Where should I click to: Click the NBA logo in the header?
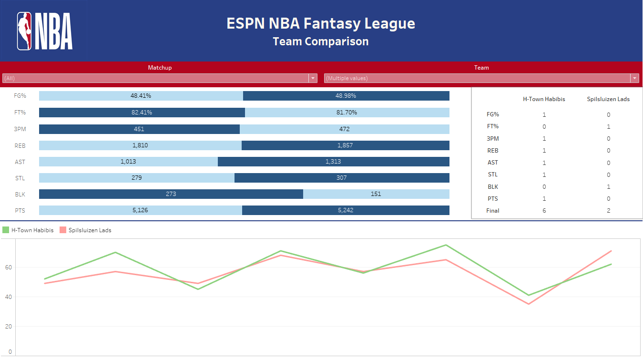pos(44,31)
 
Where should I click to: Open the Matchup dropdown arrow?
pos(313,78)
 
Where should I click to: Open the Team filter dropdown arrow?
pos(634,78)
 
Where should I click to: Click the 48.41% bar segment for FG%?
pos(141,96)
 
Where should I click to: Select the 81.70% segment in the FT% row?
pos(347,113)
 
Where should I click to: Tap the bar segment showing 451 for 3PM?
pos(139,129)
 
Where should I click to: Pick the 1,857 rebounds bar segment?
pos(345,145)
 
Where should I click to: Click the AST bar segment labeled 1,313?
pos(333,162)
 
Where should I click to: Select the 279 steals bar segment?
pos(136,178)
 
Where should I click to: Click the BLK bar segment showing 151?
pos(376,194)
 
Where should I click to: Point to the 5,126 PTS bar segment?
pos(140,210)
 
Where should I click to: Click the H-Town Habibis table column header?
pos(544,99)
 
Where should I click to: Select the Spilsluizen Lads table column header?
pos(608,99)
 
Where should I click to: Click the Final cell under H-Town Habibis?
pos(544,210)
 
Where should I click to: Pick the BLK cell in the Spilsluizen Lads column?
pos(608,186)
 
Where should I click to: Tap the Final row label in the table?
pos(493,210)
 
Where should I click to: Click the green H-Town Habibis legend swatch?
pos(6,230)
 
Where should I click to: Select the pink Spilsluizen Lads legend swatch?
pos(63,230)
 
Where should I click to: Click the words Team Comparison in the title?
pos(321,41)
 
